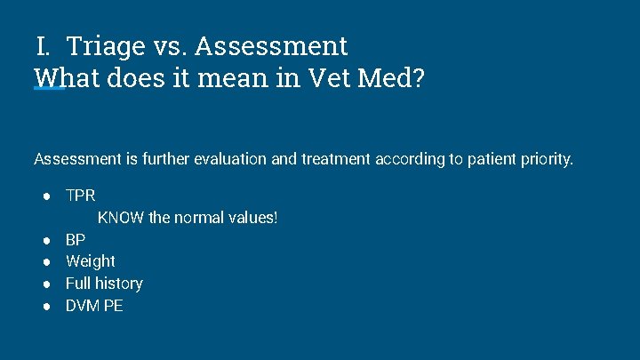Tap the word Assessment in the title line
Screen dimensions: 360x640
(271, 45)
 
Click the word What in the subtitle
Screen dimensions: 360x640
(68, 78)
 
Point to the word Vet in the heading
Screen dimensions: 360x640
(332, 78)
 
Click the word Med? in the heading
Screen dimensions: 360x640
(392, 78)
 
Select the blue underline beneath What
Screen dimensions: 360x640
(50, 89)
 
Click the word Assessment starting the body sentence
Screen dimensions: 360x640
(76, 160)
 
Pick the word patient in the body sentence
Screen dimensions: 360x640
(484, 160)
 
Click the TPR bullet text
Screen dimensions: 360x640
(80, 195)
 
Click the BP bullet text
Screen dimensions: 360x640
(76, 240)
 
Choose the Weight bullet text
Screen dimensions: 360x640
(90, 261)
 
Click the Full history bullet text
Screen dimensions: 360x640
(104, 284)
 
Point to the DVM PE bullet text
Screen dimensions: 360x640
(94, 306)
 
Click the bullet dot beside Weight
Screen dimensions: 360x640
(44, 261)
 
